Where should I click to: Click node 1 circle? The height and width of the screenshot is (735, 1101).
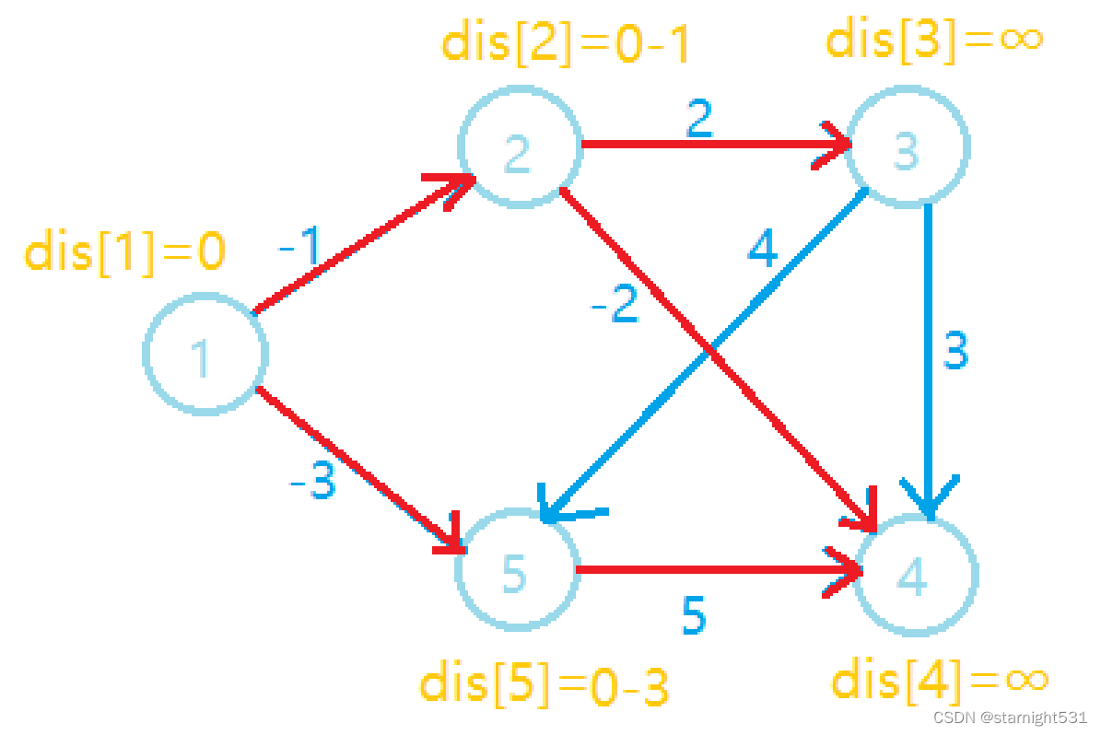pos(205,355)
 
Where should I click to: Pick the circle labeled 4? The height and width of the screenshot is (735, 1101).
pos(915,575)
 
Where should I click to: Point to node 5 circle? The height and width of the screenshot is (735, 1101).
pos(517,572)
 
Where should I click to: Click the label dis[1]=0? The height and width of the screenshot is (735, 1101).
pos(124,251)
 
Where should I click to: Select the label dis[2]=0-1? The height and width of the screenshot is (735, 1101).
pos(566,44)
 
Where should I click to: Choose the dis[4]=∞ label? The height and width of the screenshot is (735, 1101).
pos(940,681)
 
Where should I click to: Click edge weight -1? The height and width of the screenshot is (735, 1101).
pos(303,247)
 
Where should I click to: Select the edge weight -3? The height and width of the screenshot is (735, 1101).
pos(311,482)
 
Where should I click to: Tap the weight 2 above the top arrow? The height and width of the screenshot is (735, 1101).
pos(698,117)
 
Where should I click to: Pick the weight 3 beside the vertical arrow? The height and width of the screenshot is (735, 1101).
pos(955,351)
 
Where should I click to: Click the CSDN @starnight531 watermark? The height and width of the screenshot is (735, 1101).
pos(1009,717)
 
